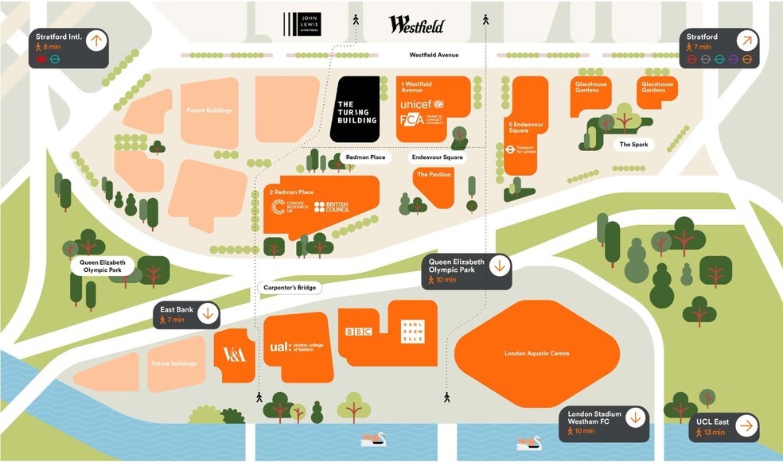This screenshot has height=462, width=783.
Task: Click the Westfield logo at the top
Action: (x=416, y=24)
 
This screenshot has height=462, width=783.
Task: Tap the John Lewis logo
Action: (x=304, y=24)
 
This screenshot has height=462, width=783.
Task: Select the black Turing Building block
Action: (x=355, y=110)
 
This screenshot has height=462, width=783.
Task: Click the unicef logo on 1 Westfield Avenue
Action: (x=421, y=105)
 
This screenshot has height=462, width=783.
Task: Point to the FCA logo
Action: (x=412, y=120)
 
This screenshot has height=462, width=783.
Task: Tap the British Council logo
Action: (x=331, y=207)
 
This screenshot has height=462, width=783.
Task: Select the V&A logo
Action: (x=234, y=355)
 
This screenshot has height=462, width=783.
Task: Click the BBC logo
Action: (x=359, y=332)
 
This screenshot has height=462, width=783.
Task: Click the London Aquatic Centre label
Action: (x=536, y=353)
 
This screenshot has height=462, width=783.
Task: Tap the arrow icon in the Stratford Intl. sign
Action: (x=95, y=41)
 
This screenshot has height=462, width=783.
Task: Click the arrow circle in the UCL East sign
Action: (x=745, y=426)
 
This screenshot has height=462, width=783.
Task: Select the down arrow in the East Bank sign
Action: (x=208, y=313)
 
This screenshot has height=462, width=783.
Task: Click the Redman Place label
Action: (x=365, y=157)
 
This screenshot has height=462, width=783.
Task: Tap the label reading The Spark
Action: (x=634, y=145)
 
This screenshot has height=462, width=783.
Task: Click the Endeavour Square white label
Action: (x=437, y=157)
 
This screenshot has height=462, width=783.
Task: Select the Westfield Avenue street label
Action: (x=434, y=56)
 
